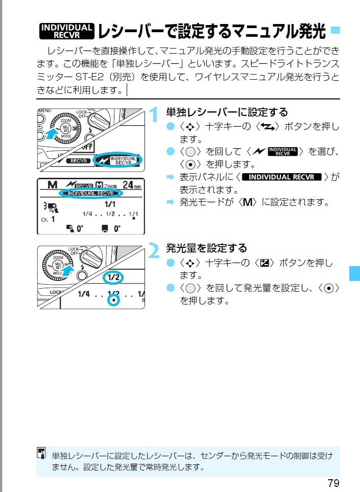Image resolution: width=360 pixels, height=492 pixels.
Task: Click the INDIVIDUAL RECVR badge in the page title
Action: point(66,31)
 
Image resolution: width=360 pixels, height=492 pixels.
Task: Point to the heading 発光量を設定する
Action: point(206,248)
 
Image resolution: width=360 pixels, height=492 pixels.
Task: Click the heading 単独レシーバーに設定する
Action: point(227,112)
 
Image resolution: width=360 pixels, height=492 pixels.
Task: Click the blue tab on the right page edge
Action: point(354,273)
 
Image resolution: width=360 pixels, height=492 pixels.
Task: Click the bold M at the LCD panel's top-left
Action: point(52,185)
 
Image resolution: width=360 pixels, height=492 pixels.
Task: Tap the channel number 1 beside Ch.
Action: point(53,219)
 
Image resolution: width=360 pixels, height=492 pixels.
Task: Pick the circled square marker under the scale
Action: point(114,301)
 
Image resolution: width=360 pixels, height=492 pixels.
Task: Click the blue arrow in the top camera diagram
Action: point(51,134)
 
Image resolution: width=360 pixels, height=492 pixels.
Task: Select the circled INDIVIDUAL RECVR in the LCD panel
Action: point(90,194)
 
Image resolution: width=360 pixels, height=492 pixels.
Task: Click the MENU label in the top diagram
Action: point(44,110)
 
